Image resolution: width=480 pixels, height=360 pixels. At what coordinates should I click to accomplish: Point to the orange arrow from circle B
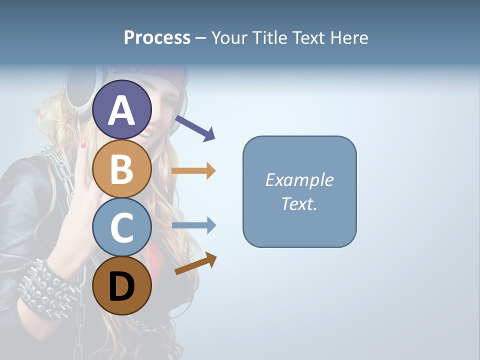[x=193, y=170]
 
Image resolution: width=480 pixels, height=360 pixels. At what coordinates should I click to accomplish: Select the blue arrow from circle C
[x=193, y=225]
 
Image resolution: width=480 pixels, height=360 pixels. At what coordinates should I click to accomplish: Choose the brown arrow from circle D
[x=196, y=263]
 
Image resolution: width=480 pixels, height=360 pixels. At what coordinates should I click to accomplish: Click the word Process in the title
[x=157, y=37]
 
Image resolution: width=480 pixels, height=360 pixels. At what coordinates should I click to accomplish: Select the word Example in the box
[x=299, y=180]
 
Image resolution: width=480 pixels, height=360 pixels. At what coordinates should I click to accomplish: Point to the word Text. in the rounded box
[x=299, y=203]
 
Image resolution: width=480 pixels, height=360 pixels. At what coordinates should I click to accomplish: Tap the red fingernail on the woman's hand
[x=83, y=145]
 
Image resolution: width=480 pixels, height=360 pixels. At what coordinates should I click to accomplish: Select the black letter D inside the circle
[x=122, y=288]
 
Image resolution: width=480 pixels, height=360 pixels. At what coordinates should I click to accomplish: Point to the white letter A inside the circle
[x=121, y=110]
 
